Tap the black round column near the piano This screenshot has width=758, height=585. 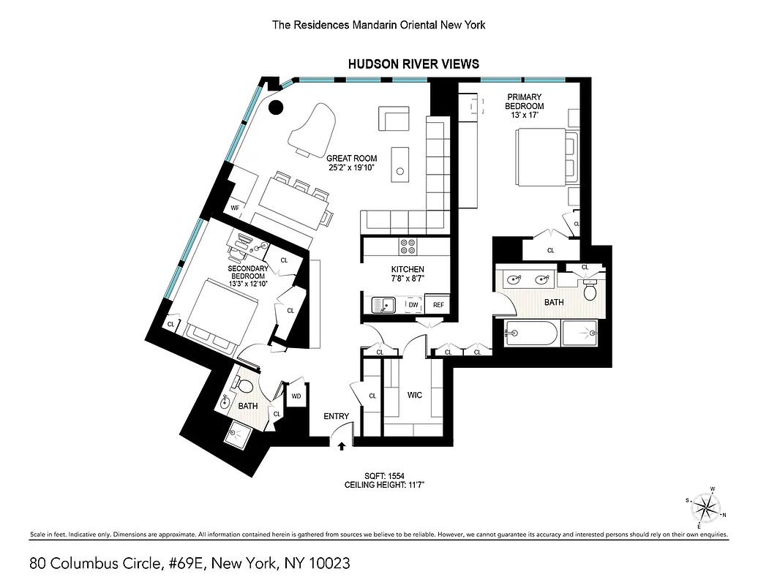276,109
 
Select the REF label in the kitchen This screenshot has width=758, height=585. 438,305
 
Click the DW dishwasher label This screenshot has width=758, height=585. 413,305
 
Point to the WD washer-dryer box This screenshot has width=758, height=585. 296,396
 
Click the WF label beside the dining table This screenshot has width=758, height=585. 235,208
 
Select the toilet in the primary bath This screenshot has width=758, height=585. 590,292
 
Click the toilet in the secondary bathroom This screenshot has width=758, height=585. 246,385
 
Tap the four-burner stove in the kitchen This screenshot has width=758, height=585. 408,246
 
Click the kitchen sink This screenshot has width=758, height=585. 383,304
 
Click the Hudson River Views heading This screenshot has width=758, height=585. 413,64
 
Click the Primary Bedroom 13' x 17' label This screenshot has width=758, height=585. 524,106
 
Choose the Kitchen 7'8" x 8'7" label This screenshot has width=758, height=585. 407,274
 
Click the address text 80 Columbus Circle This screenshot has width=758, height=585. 190,563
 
